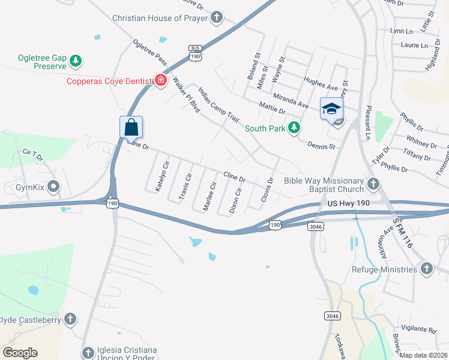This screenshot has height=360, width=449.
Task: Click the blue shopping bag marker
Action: pyautogui.click(x=131, y=127)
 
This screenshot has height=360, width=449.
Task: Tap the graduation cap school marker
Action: pyautogui.click(x=331, y=109)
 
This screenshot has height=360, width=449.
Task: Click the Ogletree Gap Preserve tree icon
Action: pyautogui.click(x=76, y=61)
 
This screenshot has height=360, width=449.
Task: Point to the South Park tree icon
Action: pyautogui.click(x=294, y=127)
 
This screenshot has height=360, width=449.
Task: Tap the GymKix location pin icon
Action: pyautogui.click(x=53, y=187)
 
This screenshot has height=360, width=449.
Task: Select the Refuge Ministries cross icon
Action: pyautogui.click(x=426, y=269)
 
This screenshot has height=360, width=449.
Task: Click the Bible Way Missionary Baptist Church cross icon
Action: pyautogui.click(x=373, y=184)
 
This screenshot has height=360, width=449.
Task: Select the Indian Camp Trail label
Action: pyautogui.click(x=218, y=105)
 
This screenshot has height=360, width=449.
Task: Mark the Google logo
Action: pyautogui.click(x=20, y=353)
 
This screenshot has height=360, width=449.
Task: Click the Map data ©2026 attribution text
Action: pyautogui.click(x=424, y=355)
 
